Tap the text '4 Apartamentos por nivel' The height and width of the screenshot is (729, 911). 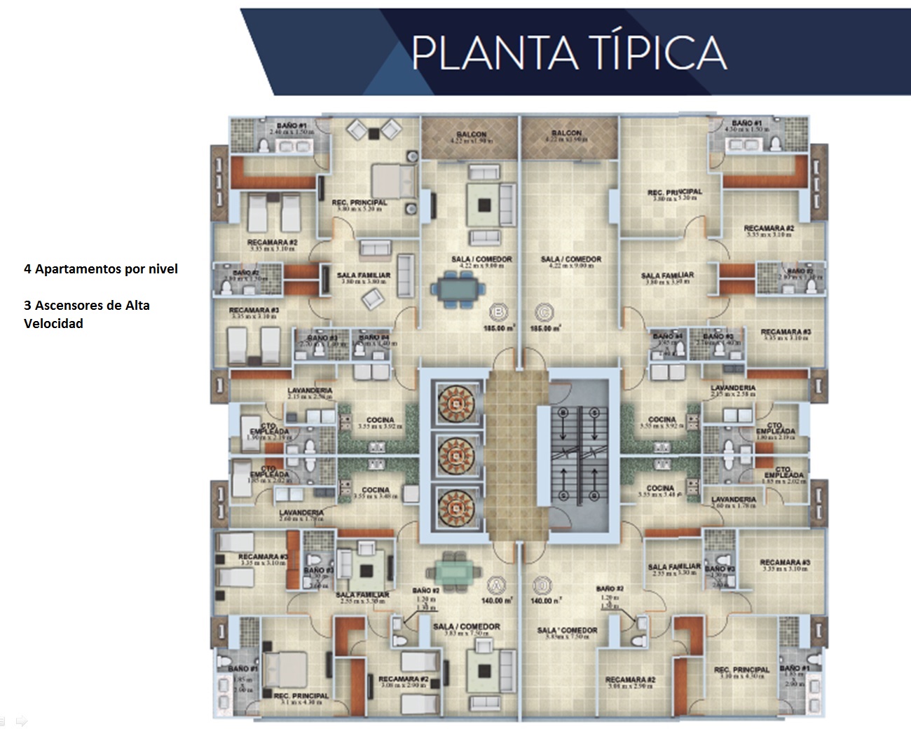pos(101,269)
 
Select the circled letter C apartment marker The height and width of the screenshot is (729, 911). pos(541,312)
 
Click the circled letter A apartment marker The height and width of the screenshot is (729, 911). pos(496,585)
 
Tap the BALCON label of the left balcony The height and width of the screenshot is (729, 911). pos(471,134)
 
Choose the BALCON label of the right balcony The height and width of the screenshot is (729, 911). pos(566,132)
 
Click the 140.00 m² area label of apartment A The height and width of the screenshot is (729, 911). pos(498,601)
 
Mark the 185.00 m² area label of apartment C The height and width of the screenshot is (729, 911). pos(544,328)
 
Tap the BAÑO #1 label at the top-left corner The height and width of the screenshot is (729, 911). pos(292,125)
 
